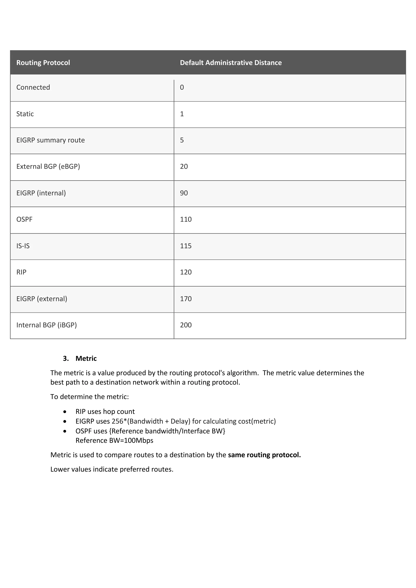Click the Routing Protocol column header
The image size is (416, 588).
[x=43, y=63]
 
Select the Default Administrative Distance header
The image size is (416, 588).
[x=231, y=63]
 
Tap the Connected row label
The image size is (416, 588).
[x=33, y=87]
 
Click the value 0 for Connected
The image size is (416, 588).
[x=182, y=87]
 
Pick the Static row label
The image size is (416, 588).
[x=25, y=114]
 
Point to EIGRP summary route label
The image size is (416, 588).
[x=51, y=140]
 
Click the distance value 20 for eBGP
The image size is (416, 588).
[x=184, y=166]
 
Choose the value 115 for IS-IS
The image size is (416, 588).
[x=186, y=246]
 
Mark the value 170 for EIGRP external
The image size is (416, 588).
[x=186, y=299]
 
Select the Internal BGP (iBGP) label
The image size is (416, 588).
[x=46, y=325]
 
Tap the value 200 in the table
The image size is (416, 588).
[x=186, y=325]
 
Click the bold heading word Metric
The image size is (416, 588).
[x=86, y=359]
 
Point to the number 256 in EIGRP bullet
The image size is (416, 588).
[x=117, y=421]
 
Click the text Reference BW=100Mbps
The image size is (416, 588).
[x=114, y=440]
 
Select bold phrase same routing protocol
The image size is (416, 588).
[x=264, y=455]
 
